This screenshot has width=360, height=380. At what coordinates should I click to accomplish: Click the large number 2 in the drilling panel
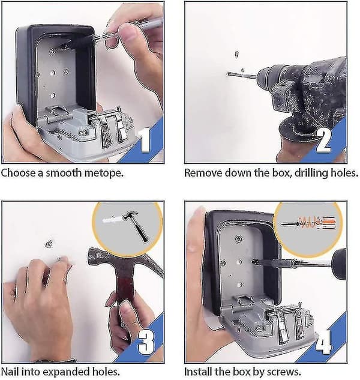(x=323, y=140)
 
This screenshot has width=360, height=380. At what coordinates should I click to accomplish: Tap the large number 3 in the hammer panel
(x=146, y=342)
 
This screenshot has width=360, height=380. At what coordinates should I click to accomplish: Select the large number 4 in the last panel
(x=323, y=342)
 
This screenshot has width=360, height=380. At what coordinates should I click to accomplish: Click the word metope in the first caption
(x=97, y=173)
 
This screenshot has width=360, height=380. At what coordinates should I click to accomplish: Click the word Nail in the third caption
(x=8, y=371)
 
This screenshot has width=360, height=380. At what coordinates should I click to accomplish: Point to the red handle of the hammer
(x=125, y=291)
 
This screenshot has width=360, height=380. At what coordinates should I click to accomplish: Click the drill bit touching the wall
(x=242, y=76)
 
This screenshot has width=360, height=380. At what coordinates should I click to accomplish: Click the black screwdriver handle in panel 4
(x=339, y=263)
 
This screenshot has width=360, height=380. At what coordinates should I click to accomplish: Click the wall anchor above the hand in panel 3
(x=49, y=244)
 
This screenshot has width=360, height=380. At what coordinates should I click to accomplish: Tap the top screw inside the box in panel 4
(x=239, y=240)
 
